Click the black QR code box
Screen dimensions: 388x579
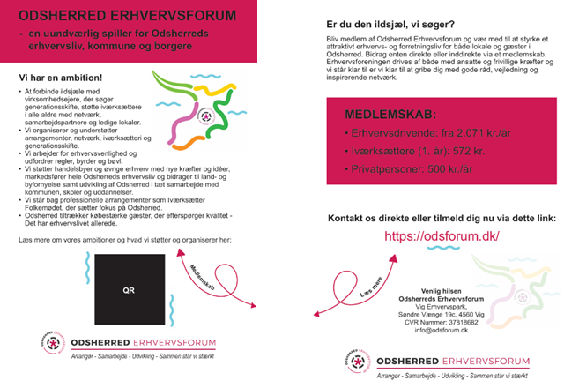128,287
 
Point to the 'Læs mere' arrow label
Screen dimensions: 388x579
350,294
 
